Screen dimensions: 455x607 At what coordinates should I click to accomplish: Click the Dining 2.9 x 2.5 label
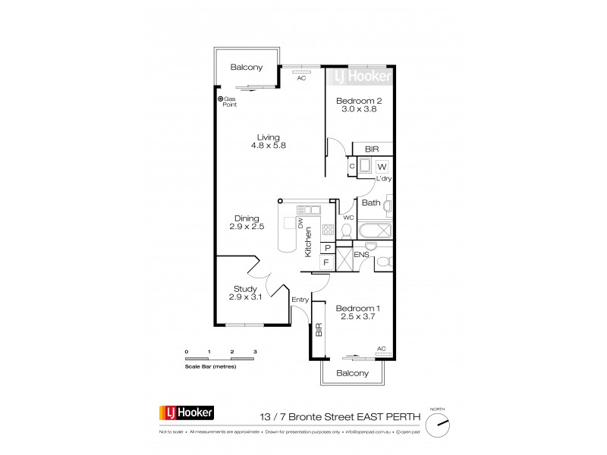[x=246, y=221]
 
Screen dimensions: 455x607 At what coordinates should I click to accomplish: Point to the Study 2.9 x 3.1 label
[x=245, y=293]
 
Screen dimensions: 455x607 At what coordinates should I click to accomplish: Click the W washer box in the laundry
[x=382, y=166]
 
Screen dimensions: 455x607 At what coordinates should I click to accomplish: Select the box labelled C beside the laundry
[x=352, y=166]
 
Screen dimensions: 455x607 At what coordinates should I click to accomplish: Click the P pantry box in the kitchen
[x=326, y=247]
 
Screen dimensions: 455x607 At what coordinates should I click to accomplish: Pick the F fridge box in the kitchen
[x=326, y=262]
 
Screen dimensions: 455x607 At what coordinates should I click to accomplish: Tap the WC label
[x=348, y=218]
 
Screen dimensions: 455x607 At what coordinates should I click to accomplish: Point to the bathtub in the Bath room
[x=376, y=231]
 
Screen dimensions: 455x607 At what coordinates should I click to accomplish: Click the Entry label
[x=300, y=300]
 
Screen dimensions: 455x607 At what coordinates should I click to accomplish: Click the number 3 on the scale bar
[x=256, y=353]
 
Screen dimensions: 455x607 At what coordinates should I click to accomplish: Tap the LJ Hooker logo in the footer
[x=187, y=413]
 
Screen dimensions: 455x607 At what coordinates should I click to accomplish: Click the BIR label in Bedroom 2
[x=372, y=150]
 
